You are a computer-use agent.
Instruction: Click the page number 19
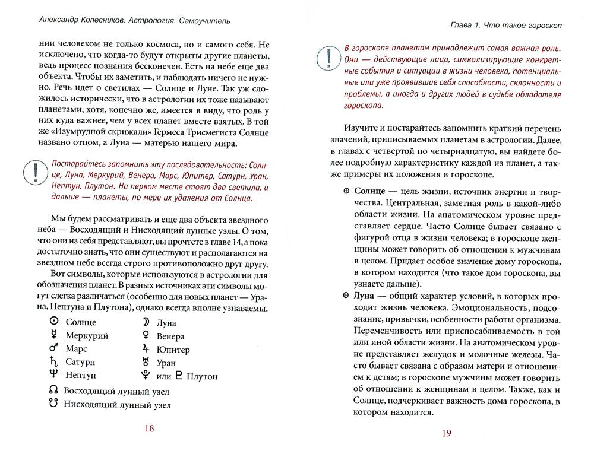click(447, 433)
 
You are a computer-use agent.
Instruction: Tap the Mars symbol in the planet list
click(53, 348)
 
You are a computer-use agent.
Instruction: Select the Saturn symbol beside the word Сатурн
click(53, 362)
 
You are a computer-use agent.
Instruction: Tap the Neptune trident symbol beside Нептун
click(53, 375)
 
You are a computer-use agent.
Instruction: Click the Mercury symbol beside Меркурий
click(53, 335)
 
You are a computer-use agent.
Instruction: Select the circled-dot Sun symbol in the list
click(53, 322)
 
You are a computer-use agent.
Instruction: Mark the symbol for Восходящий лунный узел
click(53, 391)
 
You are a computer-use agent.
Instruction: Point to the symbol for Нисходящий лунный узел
click(53, 404)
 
